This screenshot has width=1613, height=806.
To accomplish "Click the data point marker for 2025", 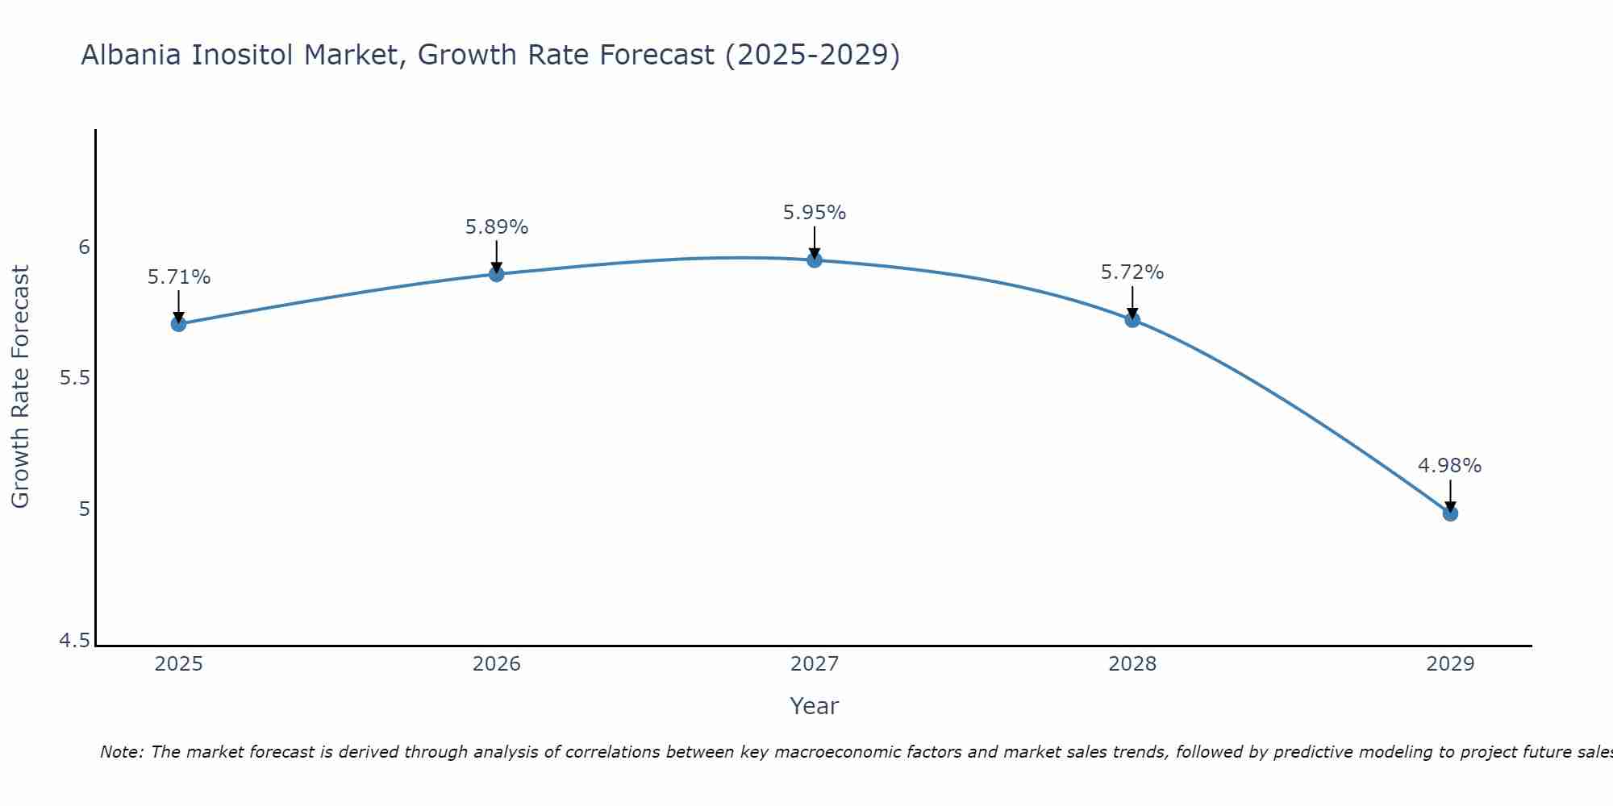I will [x=178, y=324].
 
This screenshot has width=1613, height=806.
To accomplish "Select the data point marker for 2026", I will [x=496, y=274].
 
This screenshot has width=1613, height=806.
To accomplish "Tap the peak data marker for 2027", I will [x=814, y=260].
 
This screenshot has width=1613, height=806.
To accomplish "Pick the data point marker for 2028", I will [x=1132, y=320].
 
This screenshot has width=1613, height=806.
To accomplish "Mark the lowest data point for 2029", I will [x=1450, y=513].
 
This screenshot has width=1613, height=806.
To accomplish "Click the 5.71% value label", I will [x=178, y=277].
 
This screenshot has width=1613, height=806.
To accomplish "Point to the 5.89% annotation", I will [x=496, y=227].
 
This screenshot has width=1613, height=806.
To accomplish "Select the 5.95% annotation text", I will [x=814, y=213].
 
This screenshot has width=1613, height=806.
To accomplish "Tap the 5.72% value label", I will [x=1132, y=272].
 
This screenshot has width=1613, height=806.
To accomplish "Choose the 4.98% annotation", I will [x=1449, y=466].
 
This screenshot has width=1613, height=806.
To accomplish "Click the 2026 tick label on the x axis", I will [x=496, y=664].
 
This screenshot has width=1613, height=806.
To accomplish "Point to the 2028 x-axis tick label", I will [x=1132, y=664].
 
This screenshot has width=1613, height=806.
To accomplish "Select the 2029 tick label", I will [x=1450, y=664].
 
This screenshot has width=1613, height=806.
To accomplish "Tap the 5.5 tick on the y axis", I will [x=74, y=378].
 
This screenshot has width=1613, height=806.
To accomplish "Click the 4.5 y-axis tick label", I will [x=74, y=641].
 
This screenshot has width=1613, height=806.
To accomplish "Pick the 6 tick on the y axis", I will [x=84, y=247].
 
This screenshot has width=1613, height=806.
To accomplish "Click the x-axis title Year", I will [x=814, y=706].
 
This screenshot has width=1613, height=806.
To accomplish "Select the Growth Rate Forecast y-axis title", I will [x=20, y=387].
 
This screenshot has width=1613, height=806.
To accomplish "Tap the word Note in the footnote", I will [x=121, y=752].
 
